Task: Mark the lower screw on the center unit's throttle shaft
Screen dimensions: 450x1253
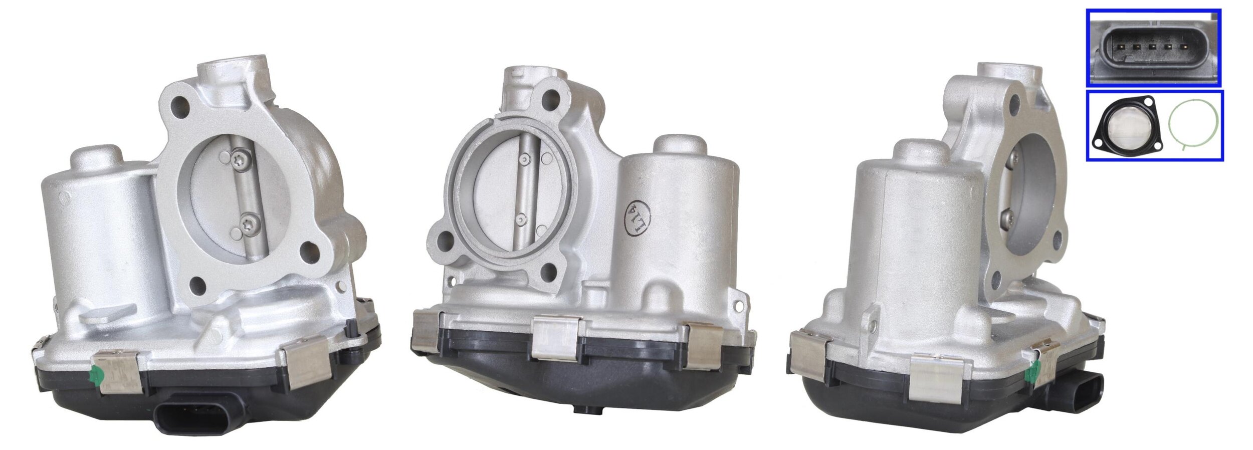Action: (x=521, y=219)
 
